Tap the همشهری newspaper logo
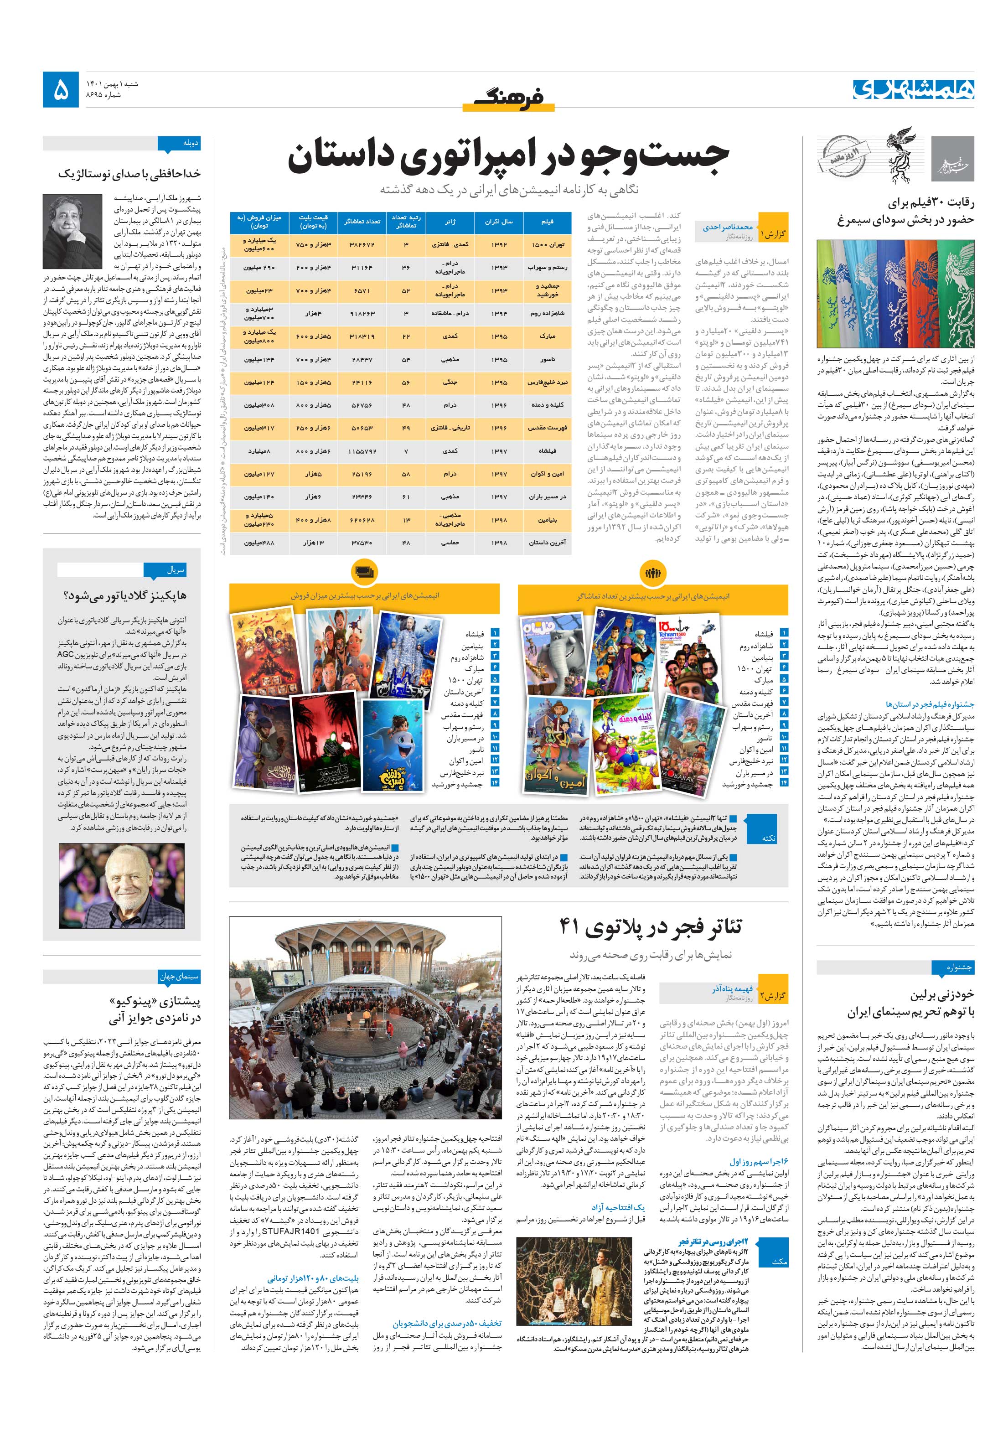tap(913, 90)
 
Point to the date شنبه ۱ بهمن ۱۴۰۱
tap(112, 83)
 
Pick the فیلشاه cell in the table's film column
tap(547, 450)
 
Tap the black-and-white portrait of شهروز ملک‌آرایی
tap(72, 230)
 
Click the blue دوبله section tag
tap(179, 143)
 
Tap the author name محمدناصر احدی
tap(727, 227)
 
